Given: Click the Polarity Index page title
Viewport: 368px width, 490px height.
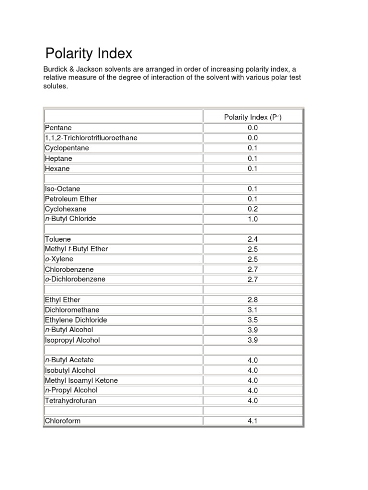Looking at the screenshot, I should click(88, 53).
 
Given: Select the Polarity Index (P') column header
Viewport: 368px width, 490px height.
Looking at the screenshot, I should click(253, 117).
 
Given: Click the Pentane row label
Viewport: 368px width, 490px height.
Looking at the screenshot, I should click(58, 128).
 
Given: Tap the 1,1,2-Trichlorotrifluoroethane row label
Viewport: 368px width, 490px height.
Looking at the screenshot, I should click(91, 138).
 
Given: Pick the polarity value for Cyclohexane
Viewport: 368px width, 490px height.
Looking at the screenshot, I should click(253, 209).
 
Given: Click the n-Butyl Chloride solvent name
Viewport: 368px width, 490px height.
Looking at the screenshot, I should click(70, 219).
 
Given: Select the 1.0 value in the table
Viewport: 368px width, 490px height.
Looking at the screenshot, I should click(253, 219).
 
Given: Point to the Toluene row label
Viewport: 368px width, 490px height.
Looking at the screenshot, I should click(57, 239).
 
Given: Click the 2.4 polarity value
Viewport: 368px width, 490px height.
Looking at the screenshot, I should click(253, 239).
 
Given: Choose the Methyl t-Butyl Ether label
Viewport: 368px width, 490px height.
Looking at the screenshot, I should click(76, 249).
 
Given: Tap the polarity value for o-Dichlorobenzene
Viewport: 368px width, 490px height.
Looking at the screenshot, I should click(253, 279).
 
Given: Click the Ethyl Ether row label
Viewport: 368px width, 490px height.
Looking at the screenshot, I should click(63, 300).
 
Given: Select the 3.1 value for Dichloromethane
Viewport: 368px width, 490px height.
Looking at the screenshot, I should click(253, 310).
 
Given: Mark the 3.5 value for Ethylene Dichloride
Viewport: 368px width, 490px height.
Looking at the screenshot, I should click(253, 320).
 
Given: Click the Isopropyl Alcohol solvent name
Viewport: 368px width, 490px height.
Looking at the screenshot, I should click(72, 340).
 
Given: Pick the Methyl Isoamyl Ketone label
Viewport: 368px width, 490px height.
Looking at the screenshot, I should click(81, 380).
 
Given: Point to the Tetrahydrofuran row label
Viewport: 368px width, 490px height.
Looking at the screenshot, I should click(70, 401).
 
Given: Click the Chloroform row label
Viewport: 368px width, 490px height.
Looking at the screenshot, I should click(63, 421).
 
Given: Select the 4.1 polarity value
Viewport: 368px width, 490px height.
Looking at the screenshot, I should click(253, 422).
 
